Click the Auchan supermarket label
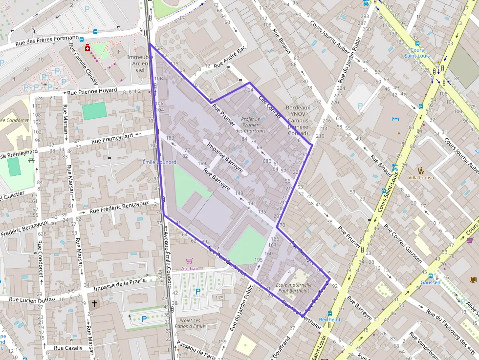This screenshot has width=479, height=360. click(190, 269)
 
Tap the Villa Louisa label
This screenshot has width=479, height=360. click(421, 177)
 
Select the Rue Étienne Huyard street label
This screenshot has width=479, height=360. click(92, 91)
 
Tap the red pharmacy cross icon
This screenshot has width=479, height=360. click(87, 48)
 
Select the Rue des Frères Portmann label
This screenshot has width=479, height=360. click(47, 41)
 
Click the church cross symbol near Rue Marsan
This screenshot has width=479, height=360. click(94, 303)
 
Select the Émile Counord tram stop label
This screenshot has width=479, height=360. click(159, 162)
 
